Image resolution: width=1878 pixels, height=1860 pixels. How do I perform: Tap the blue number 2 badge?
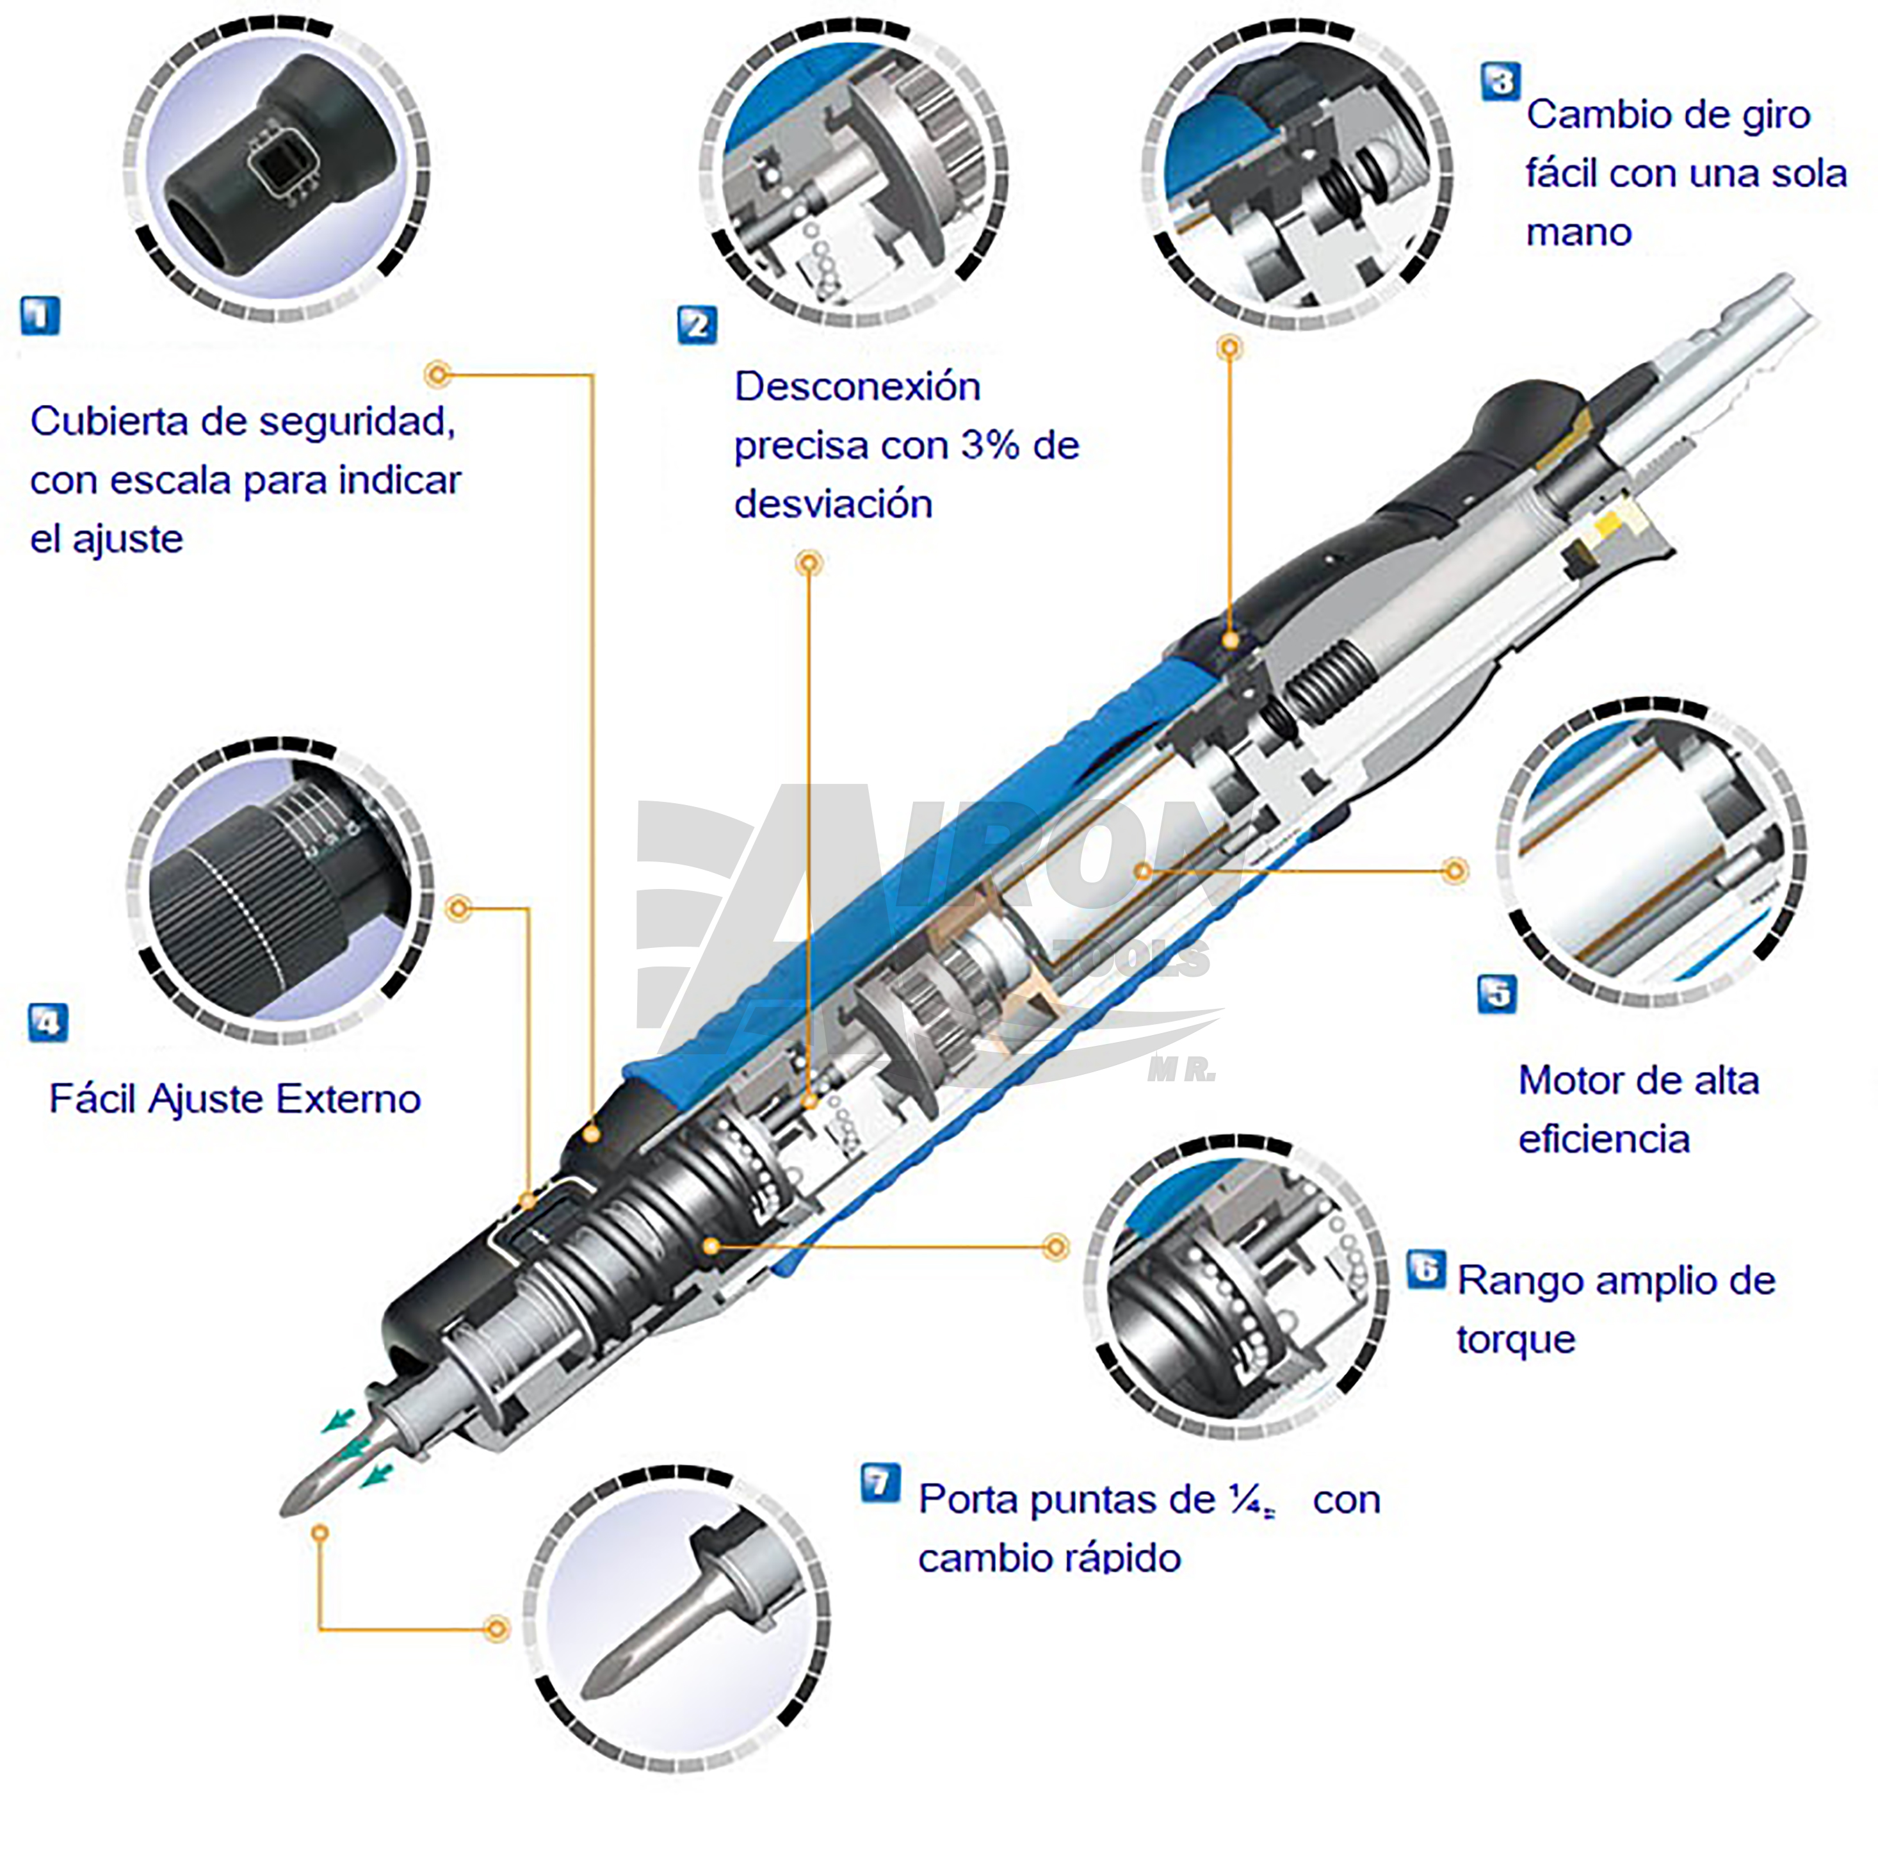697,325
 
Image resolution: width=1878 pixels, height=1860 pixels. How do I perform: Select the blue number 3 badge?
1501,82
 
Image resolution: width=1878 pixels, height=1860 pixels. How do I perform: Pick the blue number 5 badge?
1497,993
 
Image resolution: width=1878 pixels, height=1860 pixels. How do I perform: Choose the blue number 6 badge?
1426,1269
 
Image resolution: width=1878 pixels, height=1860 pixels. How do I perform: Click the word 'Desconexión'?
857,387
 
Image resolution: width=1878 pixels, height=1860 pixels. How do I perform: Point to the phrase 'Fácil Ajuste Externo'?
235,1098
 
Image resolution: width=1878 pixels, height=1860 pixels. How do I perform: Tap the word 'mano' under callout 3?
1578,232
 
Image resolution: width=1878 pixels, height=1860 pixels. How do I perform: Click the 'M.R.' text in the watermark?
1181,1070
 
